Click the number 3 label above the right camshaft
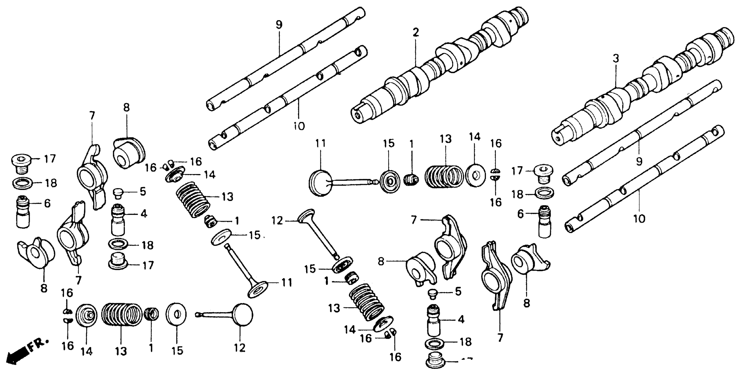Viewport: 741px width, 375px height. tap(615, 59)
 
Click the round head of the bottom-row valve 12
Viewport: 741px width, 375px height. tap(243, 314)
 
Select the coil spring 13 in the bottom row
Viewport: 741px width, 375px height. tap(121, 314)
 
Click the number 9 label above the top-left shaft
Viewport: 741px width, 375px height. tap(279, 25)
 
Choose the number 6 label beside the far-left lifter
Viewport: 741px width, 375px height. tap(47, 203)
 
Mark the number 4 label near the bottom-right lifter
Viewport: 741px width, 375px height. tap(461, 319)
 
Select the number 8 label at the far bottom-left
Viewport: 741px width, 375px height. tap(44, 288)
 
